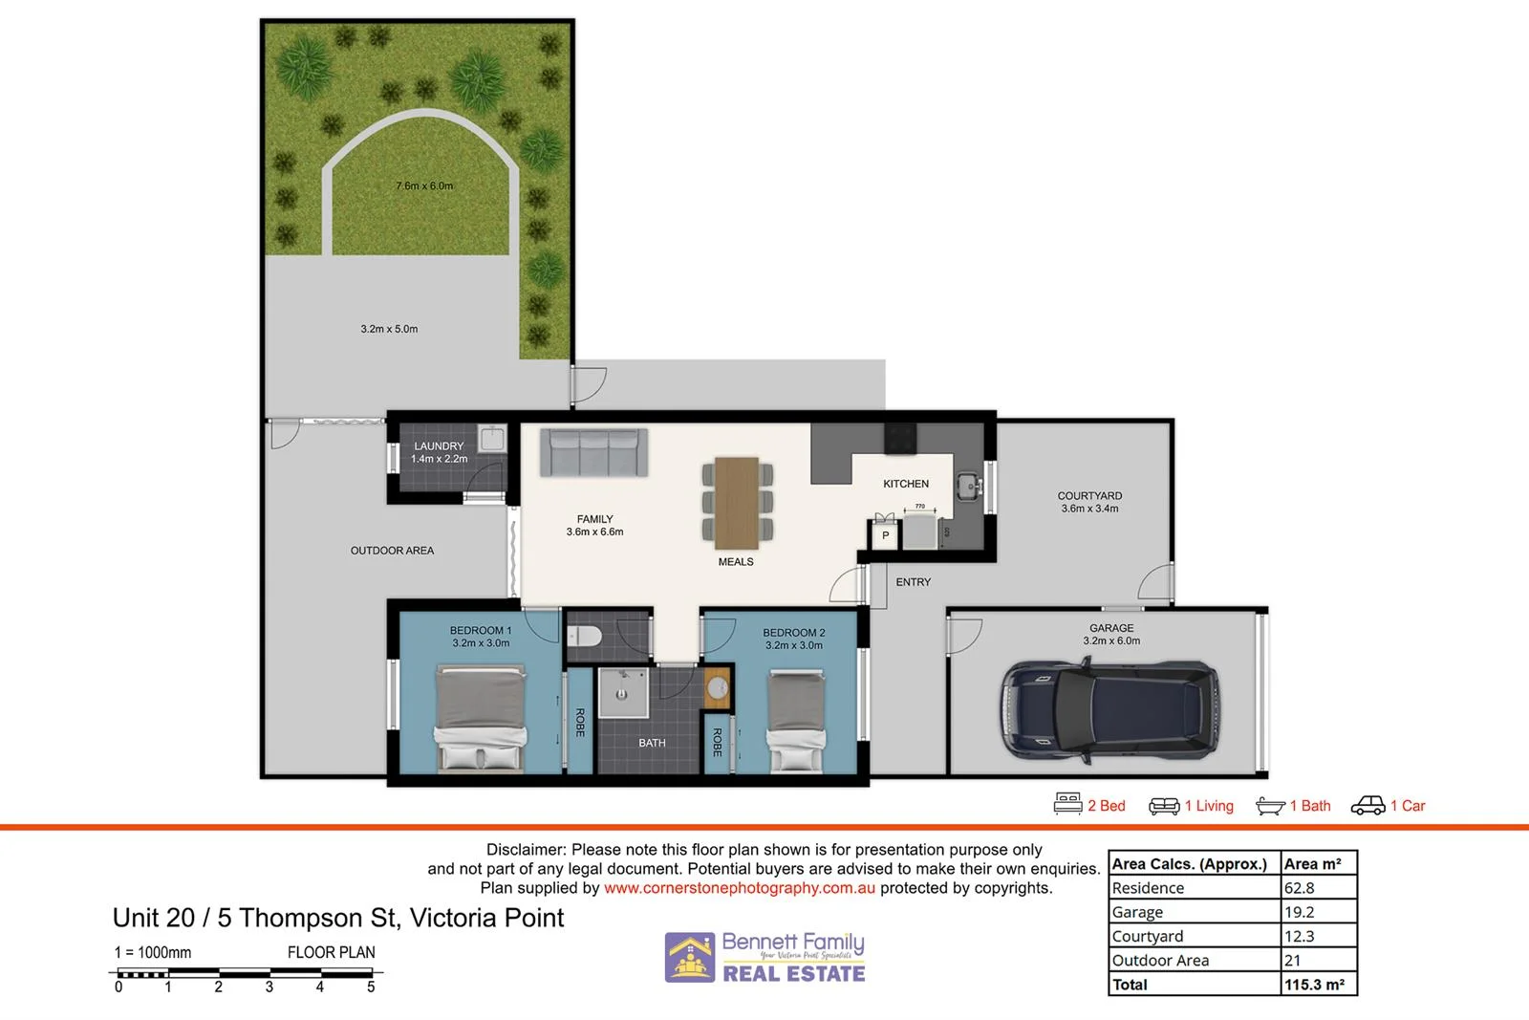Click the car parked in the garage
pos(1109,711)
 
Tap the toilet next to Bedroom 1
pos(585,636)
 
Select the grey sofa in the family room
pos(593,452)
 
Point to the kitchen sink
pos(969,486)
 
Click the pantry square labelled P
pos(885,535)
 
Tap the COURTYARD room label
pos(1089,496)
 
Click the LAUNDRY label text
pos(439,446)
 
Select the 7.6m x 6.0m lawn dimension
pos(424,185)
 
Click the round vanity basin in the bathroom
pos(717,687)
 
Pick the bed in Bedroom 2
pos(796,720)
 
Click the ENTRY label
pos(913,582)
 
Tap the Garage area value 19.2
pos(1299,912)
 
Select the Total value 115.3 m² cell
pos(1315,985)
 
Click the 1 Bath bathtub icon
pos(1270,806)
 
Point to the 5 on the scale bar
pos(371,987)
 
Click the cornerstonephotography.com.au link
pos(739,888)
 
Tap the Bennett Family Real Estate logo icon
pos(690,958)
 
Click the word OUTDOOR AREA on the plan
pos(392,551)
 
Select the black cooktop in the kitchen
pos(900,439)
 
